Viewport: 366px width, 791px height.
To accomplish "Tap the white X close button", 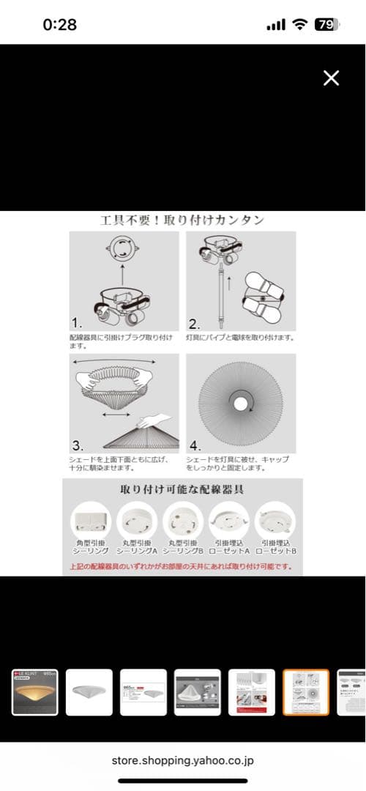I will [331, 78].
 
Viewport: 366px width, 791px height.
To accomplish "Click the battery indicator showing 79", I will [325, 24].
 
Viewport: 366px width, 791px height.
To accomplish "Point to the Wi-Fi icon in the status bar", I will [299, 24].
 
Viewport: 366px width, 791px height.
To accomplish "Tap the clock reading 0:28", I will [59, 24].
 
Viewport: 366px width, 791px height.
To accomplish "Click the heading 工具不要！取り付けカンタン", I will [182, 220].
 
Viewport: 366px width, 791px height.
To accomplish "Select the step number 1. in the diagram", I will [77, 323].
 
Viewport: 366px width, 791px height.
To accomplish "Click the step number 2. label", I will [194, 323].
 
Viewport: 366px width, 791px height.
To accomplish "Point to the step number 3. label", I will [78, 445].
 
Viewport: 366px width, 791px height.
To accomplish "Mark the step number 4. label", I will [195, 445].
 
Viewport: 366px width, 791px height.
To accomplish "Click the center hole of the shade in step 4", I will [239, 402].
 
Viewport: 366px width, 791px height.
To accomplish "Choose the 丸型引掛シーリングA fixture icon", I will [137, 521].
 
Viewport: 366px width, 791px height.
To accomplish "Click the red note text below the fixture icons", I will [182, 566].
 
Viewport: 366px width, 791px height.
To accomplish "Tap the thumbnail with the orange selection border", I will [306, 692].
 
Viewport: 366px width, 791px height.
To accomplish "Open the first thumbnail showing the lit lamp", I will [34, 692].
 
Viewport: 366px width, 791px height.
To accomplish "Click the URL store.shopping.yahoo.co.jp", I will [182, 760].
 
